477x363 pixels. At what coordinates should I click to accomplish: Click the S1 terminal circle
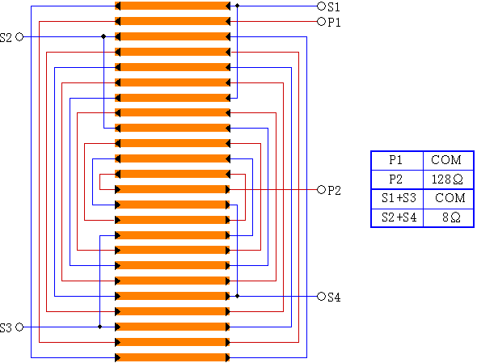coord(321,6)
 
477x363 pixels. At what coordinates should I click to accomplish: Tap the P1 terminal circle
coord(321,22)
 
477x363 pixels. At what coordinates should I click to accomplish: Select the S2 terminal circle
coord(19,37)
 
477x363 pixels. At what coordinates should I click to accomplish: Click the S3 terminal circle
coord(19,327)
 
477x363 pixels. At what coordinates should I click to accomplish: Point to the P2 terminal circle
coord(321,189)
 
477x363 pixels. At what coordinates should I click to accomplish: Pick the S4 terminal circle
coord(321,297)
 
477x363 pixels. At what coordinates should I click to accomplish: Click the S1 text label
coord(334,7)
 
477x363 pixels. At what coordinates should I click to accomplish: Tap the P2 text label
coord(334,191)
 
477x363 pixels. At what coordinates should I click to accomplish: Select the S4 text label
coord(334,298)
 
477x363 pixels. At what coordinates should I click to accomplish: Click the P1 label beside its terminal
coord(334,23)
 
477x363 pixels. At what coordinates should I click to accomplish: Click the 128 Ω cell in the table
coord(448,179)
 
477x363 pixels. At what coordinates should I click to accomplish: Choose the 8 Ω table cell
coord(448,217)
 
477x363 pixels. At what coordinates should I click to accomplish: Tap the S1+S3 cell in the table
coord(398,198)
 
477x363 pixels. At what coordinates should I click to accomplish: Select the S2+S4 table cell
coord(398,217)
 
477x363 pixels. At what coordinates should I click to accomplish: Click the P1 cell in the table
coord(398,160)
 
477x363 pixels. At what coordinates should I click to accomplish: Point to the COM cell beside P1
coord(448,160)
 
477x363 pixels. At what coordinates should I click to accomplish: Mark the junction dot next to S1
coord(237,6)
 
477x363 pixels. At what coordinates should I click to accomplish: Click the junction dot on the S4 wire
coord(237,296)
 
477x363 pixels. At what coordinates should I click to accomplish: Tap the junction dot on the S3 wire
coord(99,327)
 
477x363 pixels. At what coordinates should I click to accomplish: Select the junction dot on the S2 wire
coord(103,36)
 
